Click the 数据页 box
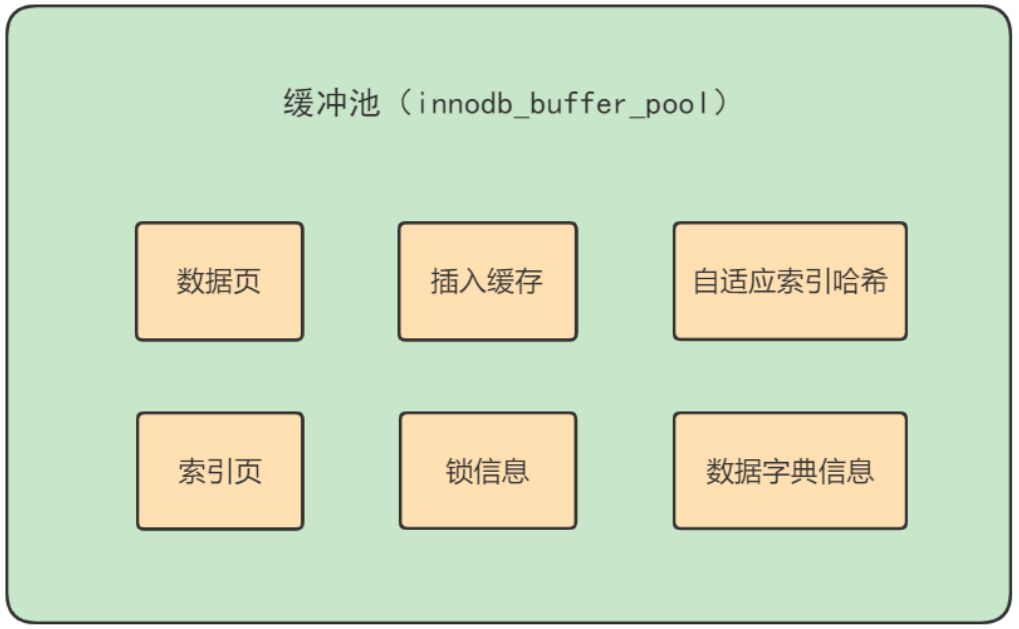click(219, 281)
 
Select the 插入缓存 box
click(487, 281)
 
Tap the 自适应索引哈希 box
click(789, 281)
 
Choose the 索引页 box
click(219, 471)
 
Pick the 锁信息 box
click(487, 471)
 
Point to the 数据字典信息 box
click(789, 471)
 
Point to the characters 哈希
click(859, 281)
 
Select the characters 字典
click(790, 471)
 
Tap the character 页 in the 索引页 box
click(248, 471)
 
